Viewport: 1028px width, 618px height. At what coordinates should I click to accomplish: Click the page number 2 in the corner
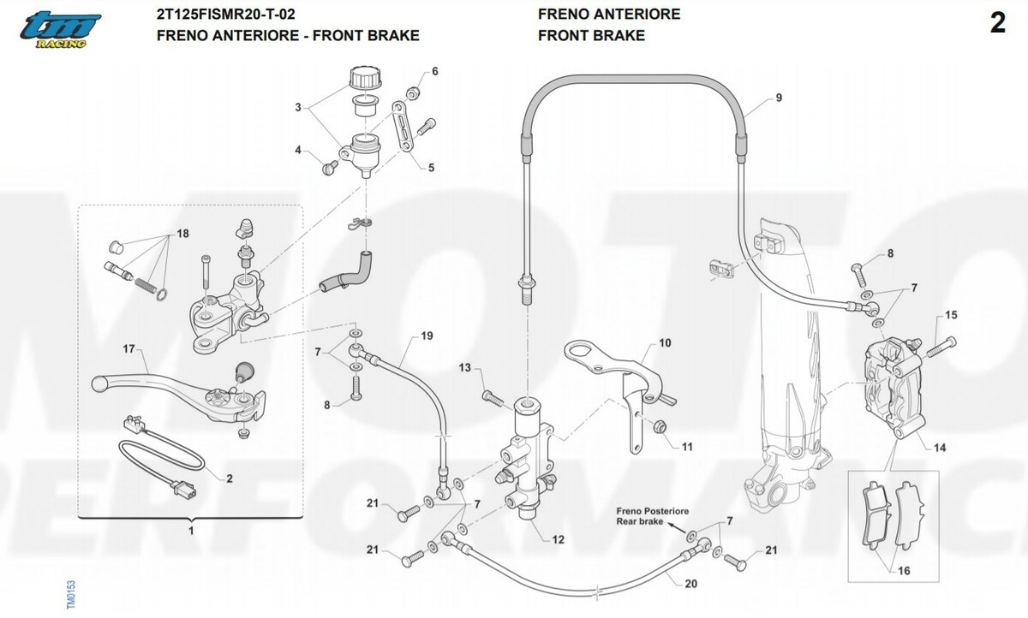point(997,24)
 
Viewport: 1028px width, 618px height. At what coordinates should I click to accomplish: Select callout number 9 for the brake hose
point(779,98)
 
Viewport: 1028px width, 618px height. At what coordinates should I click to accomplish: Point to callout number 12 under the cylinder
point(558,539)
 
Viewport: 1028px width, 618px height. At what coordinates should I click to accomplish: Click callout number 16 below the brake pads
point(905,570)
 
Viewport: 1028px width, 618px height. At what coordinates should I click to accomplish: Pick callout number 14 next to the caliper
point(940,448)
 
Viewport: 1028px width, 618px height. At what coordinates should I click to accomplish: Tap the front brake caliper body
point(890,381)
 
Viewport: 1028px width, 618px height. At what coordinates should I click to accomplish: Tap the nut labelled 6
point(412,91)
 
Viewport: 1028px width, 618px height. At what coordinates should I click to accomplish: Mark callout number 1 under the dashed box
point(190,531)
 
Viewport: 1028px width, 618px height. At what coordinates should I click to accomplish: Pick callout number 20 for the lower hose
point(691,584)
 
